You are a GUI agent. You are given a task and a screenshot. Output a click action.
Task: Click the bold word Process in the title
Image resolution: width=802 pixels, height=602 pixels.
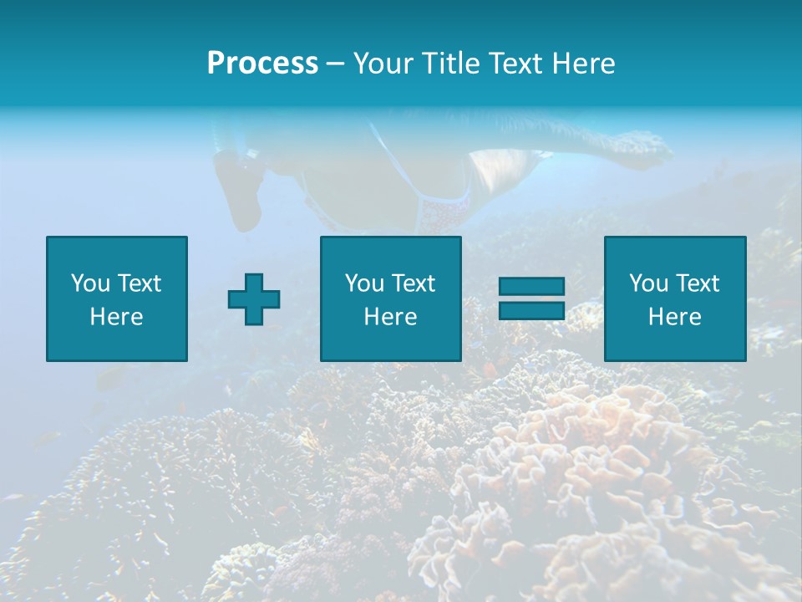[x=262, y=63]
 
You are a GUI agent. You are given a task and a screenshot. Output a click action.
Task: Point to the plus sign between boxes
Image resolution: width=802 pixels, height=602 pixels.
[x=254, y=299]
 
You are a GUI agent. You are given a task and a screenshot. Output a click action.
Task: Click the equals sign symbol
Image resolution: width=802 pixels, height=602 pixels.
[x=531, y=298]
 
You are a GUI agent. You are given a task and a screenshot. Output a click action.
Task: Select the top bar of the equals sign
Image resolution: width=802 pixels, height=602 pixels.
[x=531, y=287]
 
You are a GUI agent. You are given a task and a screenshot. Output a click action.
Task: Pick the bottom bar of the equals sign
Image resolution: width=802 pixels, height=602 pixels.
[x=531, y=310]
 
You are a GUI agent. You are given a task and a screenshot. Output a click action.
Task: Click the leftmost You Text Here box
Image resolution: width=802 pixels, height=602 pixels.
[x=117, y=298]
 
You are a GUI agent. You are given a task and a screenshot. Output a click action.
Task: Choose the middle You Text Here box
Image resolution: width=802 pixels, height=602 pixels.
[x=391, y=298]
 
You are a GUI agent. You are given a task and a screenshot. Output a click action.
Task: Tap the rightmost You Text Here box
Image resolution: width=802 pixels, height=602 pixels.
[x=675, y=298]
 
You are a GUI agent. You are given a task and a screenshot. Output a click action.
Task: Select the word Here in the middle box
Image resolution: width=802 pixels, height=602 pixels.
[x=391, y=317]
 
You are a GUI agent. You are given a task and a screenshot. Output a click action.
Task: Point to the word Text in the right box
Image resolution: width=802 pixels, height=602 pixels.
[x=698, y=283]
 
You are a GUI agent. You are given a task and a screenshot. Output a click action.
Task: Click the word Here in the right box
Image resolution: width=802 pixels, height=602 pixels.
[x=675, y=317]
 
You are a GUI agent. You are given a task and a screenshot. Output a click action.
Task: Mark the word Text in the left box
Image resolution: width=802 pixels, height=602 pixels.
[x=140, y=283]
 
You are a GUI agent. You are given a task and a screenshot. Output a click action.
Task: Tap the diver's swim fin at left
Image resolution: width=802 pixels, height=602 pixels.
[x=240, y=188]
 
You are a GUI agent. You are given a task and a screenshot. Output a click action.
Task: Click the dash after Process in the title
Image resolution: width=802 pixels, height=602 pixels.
[x=336, y=64]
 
